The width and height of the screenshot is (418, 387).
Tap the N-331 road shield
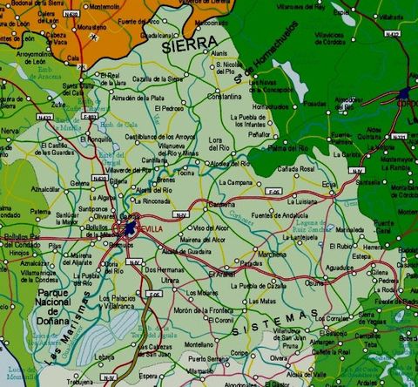coord(400,136)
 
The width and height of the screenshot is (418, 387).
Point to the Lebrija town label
coord(104,356)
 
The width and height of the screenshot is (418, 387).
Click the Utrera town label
coord(171,281)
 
